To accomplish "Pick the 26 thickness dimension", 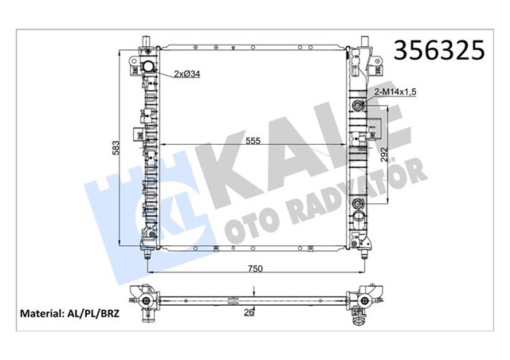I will pos(249,312).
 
